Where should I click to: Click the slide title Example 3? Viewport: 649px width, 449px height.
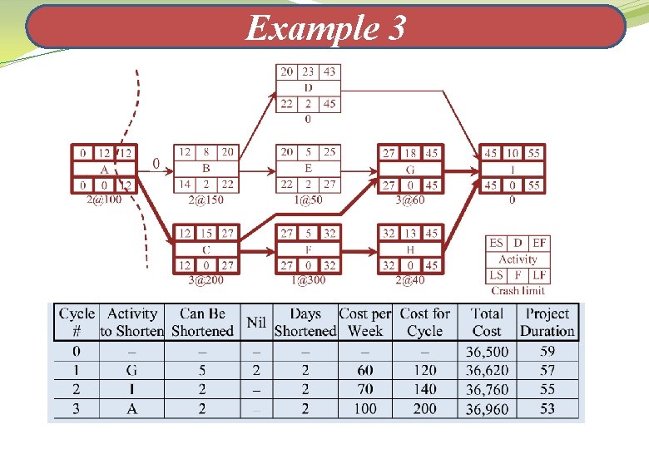coord(325,28)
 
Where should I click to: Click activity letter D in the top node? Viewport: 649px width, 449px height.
coord(308,87)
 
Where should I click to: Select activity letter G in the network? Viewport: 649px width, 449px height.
coord(410,169)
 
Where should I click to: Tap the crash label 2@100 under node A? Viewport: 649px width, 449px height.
coord(104,200)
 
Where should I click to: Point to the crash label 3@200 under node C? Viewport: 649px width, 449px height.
coord(206,280)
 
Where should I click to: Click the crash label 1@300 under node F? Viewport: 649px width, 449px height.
coord(308,280)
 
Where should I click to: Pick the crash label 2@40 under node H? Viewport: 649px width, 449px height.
coord(410,280)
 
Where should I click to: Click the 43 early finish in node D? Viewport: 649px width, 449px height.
coord(329,72)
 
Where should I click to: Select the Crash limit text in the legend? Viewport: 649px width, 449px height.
coord(518,290)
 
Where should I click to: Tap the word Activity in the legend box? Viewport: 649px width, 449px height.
coord(518,259)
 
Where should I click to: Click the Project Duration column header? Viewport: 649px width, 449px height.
coord(547,322)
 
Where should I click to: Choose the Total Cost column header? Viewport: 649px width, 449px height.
coord(487,322)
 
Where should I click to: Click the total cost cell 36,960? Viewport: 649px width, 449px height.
coord(487,408)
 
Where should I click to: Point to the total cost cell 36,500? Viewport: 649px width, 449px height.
coord(487,352)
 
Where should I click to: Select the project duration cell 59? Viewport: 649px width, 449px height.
coord(547,352)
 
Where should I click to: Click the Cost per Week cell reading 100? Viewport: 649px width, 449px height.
coord(364,408)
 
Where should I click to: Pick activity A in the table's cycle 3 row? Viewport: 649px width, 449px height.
coord(131,408)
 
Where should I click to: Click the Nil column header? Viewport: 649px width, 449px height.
coord(256,322)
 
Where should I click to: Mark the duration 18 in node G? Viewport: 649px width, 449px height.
coord(410,153)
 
